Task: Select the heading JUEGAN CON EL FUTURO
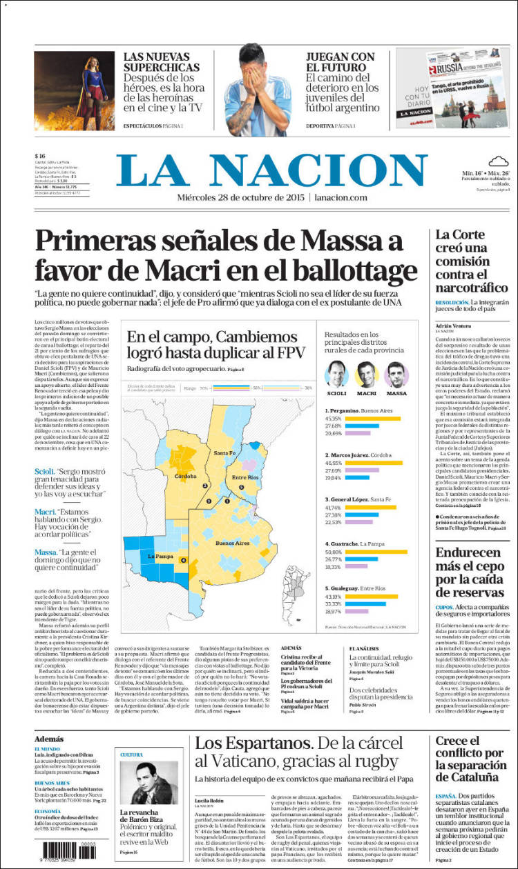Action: pos(340,62)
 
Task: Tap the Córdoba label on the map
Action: pos(186,476)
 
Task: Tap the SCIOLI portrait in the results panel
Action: pos(336,374)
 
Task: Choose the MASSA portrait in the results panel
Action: pos(396,374)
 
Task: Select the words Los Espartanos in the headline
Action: pos(252,743)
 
